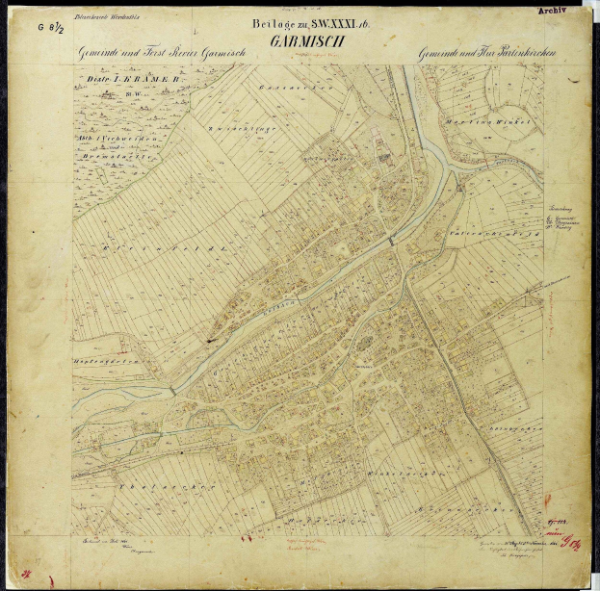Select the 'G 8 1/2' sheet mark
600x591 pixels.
coord(51,29)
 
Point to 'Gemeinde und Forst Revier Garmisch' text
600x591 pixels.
coord(164,54)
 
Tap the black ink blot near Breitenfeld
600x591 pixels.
coord(209,339)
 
